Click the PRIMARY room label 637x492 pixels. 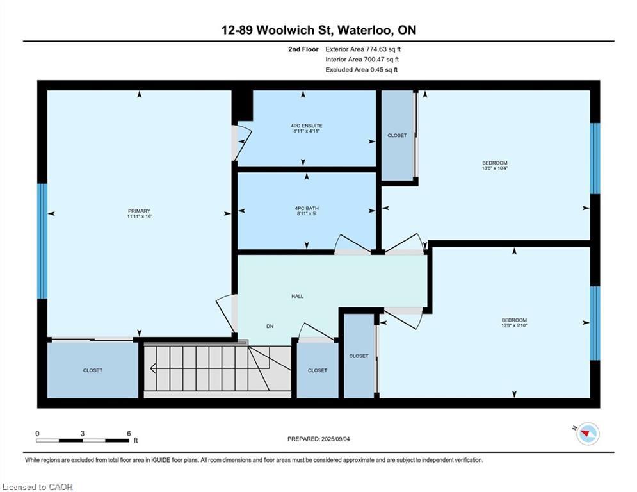click(x=139, y=211)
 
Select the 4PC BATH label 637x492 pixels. click(x=307, y=208)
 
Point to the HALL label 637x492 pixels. click(x=297, y=296)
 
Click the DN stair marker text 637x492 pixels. click(x=270, y=326)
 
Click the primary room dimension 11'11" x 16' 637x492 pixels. click(x=139, y=217)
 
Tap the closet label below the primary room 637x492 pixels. click(x=92, y=370)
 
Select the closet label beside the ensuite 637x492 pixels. click(x=397, y=135)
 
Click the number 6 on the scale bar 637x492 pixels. click(x=129, y=433)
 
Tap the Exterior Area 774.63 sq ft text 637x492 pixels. click(x=363, y=49)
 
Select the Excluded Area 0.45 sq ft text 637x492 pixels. click(x=361, y=70)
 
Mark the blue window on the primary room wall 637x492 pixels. click(x=42, y=241)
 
